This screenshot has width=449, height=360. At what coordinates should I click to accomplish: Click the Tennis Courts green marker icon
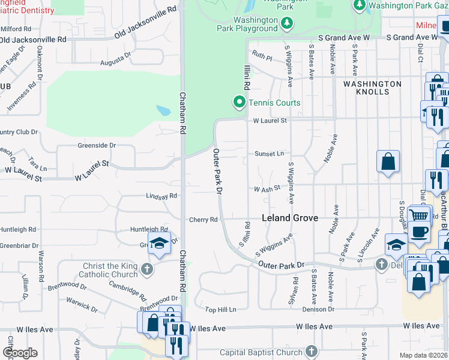pos(240,103)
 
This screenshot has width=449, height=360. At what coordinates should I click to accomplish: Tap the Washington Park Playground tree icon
pos(288,23)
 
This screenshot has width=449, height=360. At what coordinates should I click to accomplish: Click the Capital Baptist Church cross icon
pos(310,351)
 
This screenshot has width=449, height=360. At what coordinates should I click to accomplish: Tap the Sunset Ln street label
pos(269,154)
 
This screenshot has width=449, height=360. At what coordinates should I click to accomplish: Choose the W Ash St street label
pos(267,189)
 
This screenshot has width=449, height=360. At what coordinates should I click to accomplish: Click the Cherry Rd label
pos(203,220)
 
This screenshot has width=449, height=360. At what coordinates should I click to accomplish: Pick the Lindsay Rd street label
pos(161,196)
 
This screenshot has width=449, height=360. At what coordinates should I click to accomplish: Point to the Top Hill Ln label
pos(221,310)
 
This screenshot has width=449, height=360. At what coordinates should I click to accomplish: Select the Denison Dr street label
pos(319,309)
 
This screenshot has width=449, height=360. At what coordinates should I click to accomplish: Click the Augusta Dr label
pos(115,59)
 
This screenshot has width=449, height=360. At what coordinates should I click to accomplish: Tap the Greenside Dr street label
pos(96,145)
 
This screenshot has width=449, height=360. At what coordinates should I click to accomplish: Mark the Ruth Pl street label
pos(262,57)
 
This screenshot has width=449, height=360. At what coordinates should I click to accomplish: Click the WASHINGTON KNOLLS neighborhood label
pos(372,88)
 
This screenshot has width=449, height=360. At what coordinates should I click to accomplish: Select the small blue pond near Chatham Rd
pos(163,111)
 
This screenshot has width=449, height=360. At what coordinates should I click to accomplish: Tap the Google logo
pos(20,353)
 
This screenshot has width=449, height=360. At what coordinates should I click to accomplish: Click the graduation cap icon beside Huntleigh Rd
pos(159,243)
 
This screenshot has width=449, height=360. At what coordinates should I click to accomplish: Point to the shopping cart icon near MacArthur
pos(418,215)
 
